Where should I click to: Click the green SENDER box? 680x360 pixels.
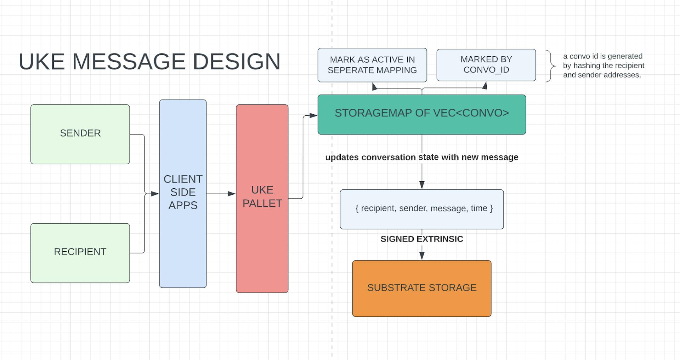[x=80, y=134]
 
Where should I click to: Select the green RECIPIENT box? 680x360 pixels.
[x=80, y=252]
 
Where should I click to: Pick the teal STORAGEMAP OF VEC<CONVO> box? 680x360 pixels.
[x=421, y=114]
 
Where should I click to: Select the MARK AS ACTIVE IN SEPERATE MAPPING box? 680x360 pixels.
[x=372, y=65]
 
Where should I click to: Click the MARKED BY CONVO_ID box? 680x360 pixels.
[x=486, y=65]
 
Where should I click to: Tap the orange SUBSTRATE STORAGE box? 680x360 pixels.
[x=421, y=288]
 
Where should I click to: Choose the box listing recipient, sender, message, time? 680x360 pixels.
[x=421, y=209]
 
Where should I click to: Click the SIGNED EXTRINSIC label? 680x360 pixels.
[x=421, y=239]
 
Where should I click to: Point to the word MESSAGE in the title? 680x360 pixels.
[x=129, y=62]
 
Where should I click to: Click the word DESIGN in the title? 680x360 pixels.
[x=236, y=62]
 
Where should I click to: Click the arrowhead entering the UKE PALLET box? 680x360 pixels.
[x=232, y=194]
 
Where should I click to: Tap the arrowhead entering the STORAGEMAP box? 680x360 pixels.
[x=313, y=115]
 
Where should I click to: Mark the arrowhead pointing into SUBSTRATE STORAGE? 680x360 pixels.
[x=422, y=256]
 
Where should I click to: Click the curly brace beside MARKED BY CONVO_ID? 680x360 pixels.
[x=550, y=66]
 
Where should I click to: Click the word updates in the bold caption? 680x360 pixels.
[x=342, y=157]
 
